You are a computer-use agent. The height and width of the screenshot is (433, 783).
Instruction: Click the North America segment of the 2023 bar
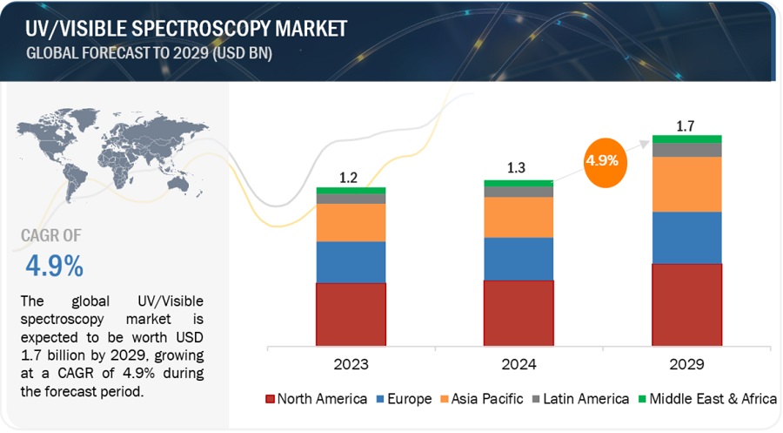(x=351, y=313)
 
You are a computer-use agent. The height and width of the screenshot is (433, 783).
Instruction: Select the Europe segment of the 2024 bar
(x=519, y=258)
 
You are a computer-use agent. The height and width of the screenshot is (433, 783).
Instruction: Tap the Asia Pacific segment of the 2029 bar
(x=686, y=184)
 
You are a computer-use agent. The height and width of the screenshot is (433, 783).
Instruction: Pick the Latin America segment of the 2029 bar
(x=686, y=150)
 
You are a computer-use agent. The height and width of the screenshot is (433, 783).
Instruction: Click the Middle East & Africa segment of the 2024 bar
(x=519, y=183)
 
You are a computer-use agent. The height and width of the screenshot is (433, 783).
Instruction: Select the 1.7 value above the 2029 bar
(x=686, y=125)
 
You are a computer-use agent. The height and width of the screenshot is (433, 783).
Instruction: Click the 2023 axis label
(x=351, y=363)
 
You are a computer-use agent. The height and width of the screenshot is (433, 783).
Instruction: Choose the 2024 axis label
(x=519, y=363)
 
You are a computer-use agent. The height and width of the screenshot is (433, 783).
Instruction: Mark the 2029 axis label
(x=686, y=363)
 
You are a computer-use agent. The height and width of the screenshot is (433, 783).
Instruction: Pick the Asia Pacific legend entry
(x=482, y=399)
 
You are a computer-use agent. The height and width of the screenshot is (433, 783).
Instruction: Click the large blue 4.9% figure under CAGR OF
(x=53, y=263)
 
